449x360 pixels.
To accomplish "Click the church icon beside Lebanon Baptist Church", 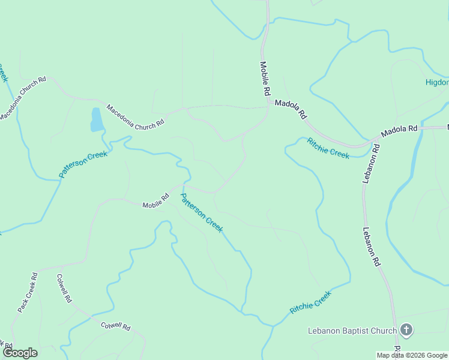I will point(406,330).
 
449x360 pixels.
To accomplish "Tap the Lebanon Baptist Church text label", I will point(352,331).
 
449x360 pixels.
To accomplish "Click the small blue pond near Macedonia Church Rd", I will point(96,119).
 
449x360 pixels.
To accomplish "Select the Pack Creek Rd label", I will point(28,292).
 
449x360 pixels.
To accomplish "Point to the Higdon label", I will point(437,82).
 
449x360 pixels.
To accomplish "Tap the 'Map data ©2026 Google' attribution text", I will point(412,355).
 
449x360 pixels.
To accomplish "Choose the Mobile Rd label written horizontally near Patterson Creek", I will point(156,201).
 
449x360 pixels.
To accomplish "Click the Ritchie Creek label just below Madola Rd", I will point(328,148).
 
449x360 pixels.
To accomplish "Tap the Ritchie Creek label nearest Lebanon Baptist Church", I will point(310,302).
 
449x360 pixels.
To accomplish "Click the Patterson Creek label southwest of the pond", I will point(83,164).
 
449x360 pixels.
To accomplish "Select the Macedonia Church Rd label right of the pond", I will point(135,116).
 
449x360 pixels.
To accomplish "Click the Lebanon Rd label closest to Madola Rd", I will point(371,163).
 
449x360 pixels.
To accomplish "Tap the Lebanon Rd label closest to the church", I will point(372,247).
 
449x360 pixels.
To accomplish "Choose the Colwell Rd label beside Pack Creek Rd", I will point(64,289).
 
